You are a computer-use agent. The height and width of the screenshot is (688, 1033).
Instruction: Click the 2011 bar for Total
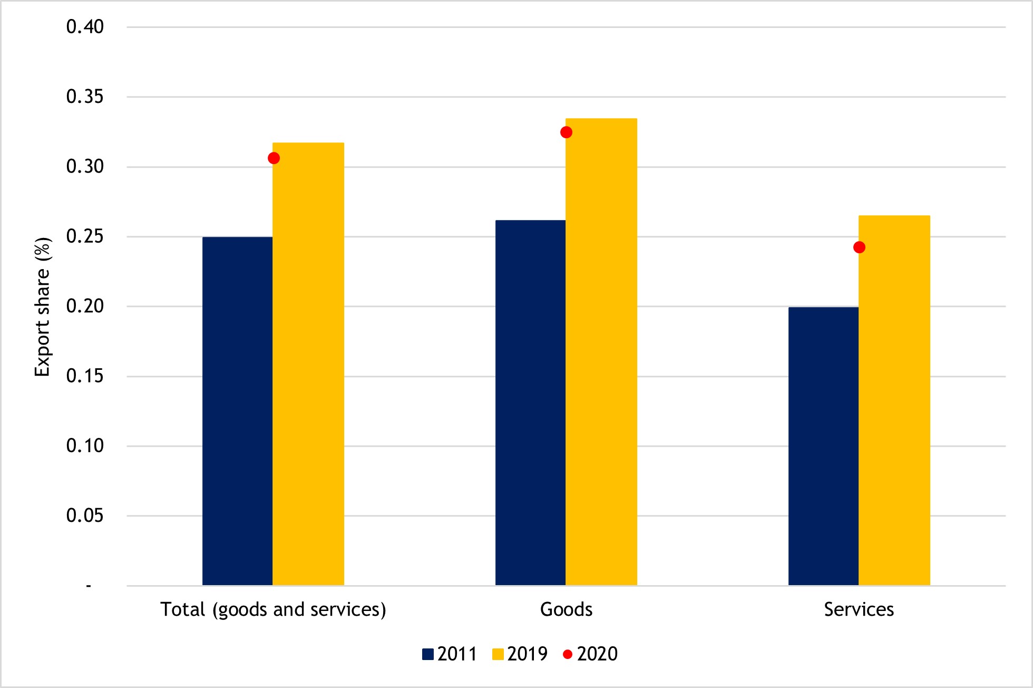point(237,412)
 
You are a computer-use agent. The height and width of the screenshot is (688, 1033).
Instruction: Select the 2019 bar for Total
point(308,364)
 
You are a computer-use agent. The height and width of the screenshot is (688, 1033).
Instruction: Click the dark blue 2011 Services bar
point(823,446)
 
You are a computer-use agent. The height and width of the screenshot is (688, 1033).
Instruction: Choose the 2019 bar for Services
point(894,400)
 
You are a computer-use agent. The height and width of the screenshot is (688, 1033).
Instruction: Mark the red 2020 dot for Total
point(274,158)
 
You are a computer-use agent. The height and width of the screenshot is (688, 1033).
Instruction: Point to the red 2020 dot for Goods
point(566,132)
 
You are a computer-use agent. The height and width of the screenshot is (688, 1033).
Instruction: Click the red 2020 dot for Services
point(859,247)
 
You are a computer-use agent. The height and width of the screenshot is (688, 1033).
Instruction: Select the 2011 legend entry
point(450,654)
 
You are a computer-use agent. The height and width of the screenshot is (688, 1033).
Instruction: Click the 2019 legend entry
point(520,654)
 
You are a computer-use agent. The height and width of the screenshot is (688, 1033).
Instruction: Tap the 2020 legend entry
point(590,654)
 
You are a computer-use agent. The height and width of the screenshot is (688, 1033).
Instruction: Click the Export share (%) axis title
point(42,307)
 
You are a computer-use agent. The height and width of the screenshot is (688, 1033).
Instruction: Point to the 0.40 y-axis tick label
point(85,27)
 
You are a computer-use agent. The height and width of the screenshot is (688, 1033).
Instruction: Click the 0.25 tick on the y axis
point(85,236)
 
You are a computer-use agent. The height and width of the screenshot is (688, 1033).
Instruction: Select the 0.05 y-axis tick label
point(85,515)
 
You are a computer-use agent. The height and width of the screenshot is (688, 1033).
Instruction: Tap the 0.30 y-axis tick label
point(85,167)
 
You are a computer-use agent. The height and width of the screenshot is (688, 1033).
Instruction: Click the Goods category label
point(566,609)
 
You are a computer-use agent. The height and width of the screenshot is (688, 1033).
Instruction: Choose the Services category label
point(859,609)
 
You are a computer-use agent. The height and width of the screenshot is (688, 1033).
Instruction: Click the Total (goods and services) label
point(273,609)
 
